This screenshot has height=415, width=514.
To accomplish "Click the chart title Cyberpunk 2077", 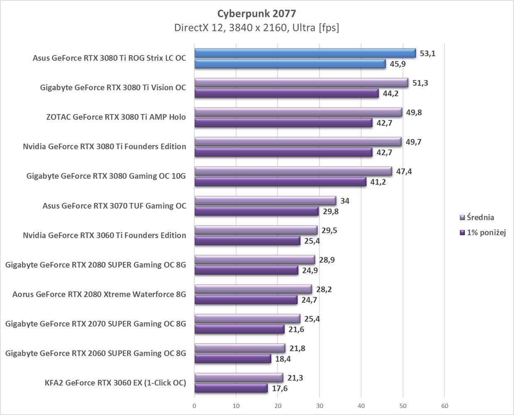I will point(257,13).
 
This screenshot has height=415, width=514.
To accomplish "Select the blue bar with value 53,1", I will point(305,53).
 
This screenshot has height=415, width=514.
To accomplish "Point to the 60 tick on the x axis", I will point(444,405).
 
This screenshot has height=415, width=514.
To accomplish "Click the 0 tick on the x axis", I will point(194,405).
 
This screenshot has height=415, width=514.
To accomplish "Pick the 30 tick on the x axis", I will point(319,405).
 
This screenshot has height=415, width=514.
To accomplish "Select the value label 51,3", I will point(420,83).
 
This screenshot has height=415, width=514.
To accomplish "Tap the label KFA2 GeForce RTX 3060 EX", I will point(115,383).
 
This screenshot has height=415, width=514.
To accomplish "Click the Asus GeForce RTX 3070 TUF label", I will point(114,206).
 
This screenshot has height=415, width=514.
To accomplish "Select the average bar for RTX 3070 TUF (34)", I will point(265,201).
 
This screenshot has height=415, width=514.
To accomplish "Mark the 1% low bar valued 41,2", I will point(280,182).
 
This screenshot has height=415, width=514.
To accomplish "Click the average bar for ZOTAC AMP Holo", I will point(298,112).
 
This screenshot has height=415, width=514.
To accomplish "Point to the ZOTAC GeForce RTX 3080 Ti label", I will point(116,117).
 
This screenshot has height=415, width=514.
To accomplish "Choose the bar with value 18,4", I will point(233,359).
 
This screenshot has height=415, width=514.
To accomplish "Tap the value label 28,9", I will point(327,260).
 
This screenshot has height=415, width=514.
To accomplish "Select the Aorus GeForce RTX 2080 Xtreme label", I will point(99,294).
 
